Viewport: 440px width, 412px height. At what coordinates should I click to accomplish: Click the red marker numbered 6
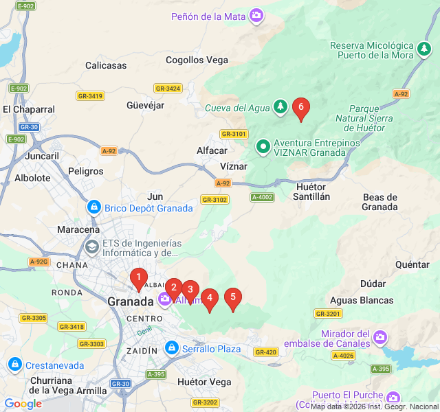click(x=300, y=108)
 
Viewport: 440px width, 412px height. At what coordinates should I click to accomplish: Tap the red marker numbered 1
click(x=139, y=278)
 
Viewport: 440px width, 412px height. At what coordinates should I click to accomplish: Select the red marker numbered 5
click(x=233, y=297)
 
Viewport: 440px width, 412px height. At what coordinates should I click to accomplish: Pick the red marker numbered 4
click(x=210, y=298)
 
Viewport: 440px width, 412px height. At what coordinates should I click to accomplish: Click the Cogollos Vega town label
click(x=197, y=60)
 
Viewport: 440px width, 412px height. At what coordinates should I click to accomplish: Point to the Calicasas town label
click(x=106, y=65)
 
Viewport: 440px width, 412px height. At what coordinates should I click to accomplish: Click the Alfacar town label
click(x=212, y=150)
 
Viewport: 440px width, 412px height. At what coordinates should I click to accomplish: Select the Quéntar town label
click(x=412, y=264)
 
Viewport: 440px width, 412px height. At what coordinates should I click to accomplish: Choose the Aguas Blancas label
click(x=362, y=300)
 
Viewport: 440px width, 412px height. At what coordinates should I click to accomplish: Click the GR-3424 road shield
click(x=168, y=89)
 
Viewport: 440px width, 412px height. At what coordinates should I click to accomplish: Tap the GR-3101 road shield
click(x=234, y=134)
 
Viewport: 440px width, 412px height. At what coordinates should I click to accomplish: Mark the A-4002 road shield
click(x=262, y=197)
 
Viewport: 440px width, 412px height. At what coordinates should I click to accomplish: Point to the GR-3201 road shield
click(x=328, y=313)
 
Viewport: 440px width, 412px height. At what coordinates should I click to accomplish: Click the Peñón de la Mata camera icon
click(x=256, y=15)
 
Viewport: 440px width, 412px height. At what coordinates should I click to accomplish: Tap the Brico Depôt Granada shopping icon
click(x=94, y=207)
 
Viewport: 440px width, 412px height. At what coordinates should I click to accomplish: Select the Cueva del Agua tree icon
click(x=280, y=106)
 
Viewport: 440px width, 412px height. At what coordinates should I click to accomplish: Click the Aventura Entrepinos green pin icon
click(x=263, y=146)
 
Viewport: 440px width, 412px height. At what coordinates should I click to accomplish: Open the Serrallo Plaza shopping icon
click(x=172, y=349)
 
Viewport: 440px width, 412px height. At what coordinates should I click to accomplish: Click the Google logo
click(x=23, y=404)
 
